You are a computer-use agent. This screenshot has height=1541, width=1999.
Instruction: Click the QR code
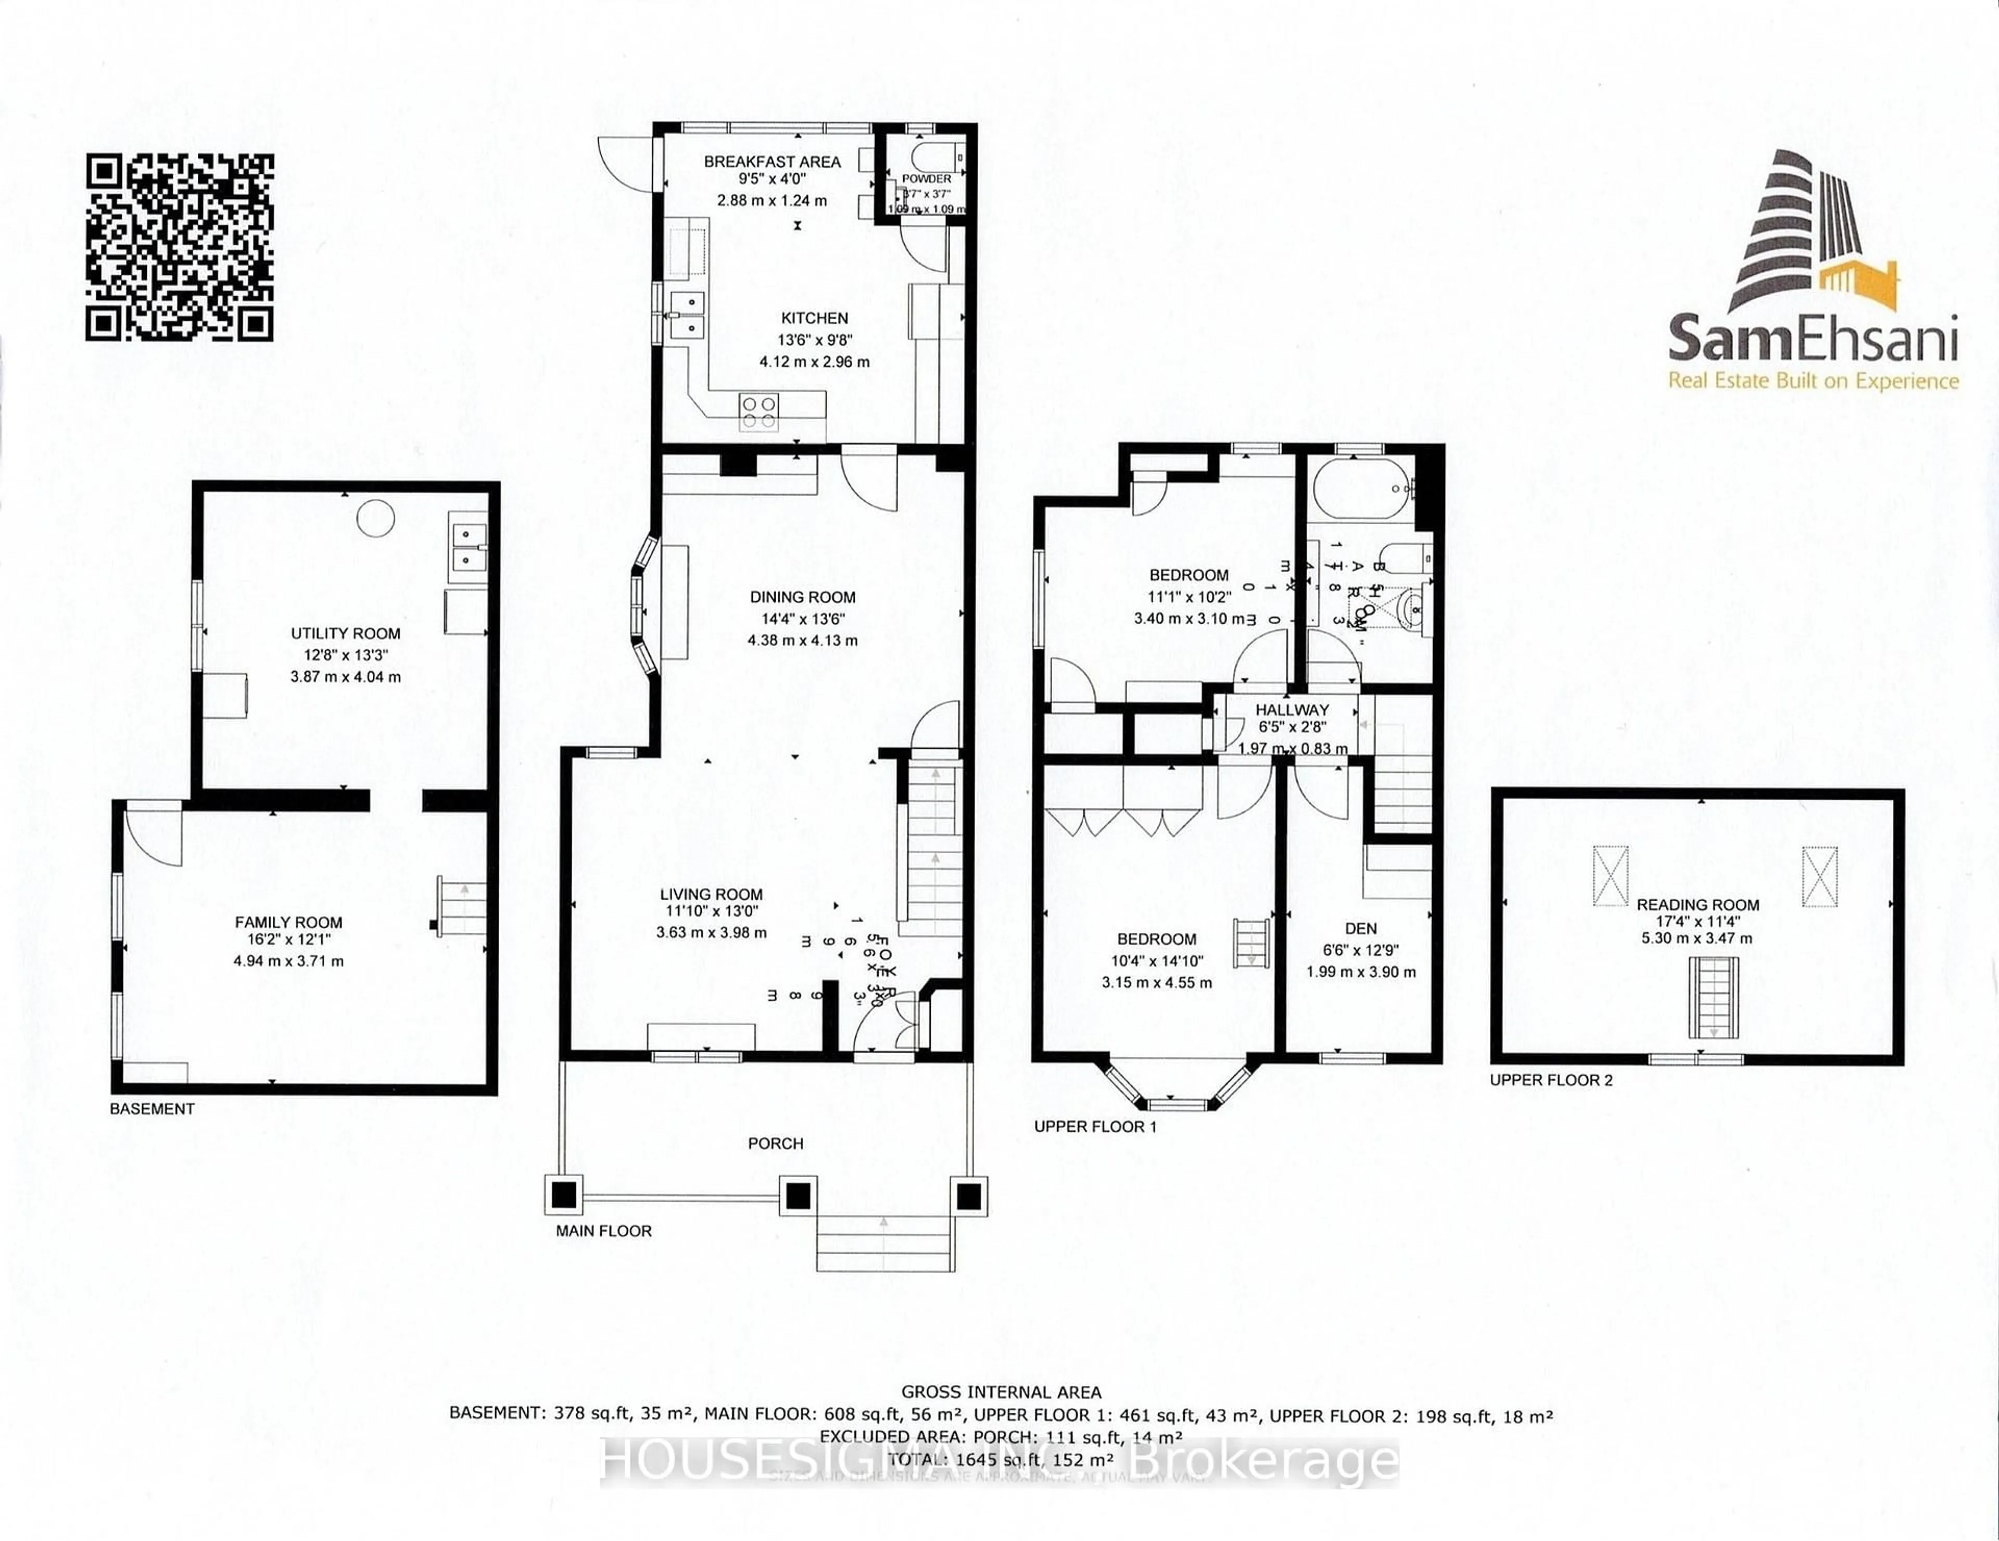click(x=180, y=247)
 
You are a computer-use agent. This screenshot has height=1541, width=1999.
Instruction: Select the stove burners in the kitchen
click(x=759, y=412)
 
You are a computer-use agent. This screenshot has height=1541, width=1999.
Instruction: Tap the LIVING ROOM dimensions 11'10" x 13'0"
click(x=711, y=912)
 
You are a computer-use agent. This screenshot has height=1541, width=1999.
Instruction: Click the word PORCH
click(x=775, y=1143)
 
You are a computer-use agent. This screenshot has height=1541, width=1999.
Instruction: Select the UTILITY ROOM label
click(x=345, y=633)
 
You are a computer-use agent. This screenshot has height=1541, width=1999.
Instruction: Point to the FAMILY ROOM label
click(x=288, y=923)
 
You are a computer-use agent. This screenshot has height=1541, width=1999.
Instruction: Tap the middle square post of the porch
click(x=797, y=1195)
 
